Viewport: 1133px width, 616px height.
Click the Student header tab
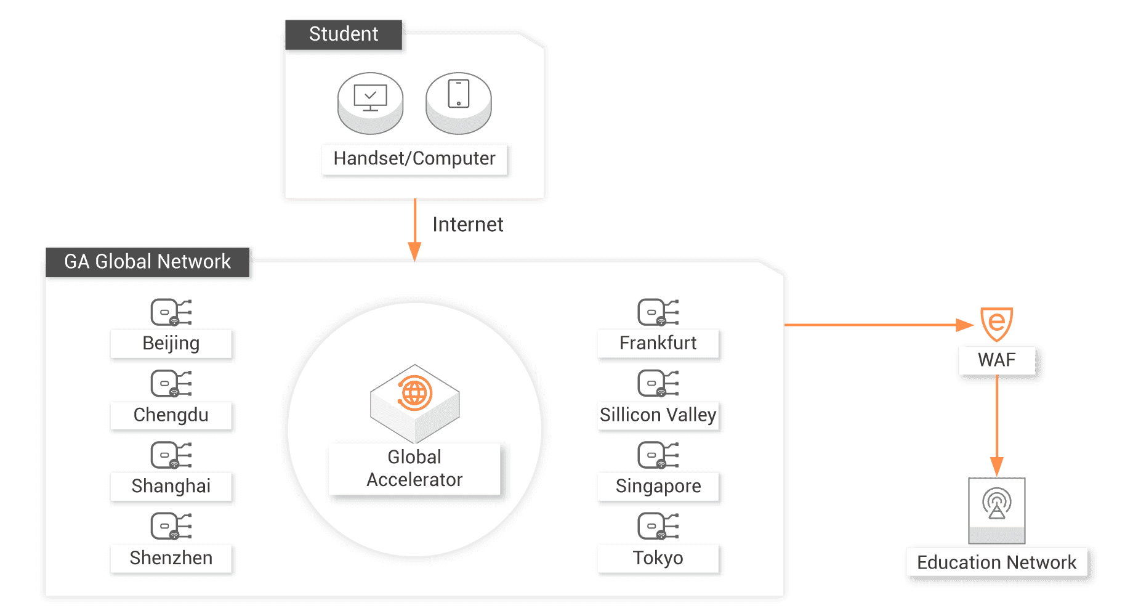click(344, 34)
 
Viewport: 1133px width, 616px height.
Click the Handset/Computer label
click(414, 159)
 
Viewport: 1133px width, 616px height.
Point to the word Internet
click(468, 224)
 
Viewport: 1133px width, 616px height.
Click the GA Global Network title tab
click(147, 261)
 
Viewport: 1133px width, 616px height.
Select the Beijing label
click(171, 343)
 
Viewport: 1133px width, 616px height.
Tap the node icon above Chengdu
click(171, 383)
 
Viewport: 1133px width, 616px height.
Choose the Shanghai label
click(171, 486)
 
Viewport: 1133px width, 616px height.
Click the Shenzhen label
click(171, 558)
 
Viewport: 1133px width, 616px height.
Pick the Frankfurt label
click(658, 343)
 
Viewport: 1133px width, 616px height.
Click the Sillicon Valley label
click(658, 415)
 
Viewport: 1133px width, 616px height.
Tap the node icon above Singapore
click(658, 455)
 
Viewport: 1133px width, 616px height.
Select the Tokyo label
click(658, 558)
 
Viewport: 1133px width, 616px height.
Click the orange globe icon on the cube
click(414, 392)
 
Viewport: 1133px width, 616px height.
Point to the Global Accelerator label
click(414, 468)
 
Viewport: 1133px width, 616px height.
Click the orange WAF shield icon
click(996, 323)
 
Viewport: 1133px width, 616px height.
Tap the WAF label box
click(996, 360)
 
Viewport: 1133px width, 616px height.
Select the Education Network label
click(996, 562)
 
